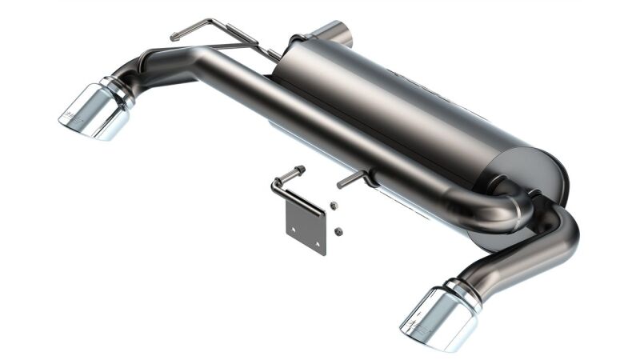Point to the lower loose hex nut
(338, 231)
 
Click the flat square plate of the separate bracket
(306, 227)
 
